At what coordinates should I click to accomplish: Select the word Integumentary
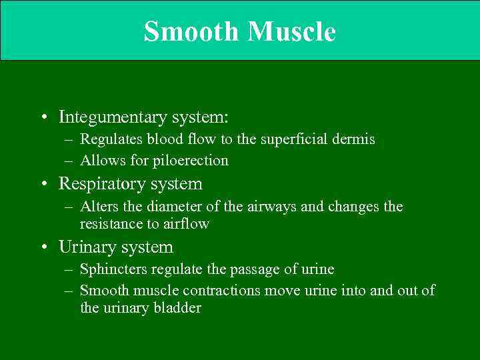(113, 117)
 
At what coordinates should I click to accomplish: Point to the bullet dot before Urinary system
(43, 248)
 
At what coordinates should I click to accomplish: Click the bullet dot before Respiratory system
(43, 184)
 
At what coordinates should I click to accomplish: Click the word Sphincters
(113, 269)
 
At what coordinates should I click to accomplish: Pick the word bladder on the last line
(179, 308)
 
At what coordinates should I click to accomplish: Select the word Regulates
(111, 139)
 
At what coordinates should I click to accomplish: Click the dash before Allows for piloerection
(70, 161)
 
